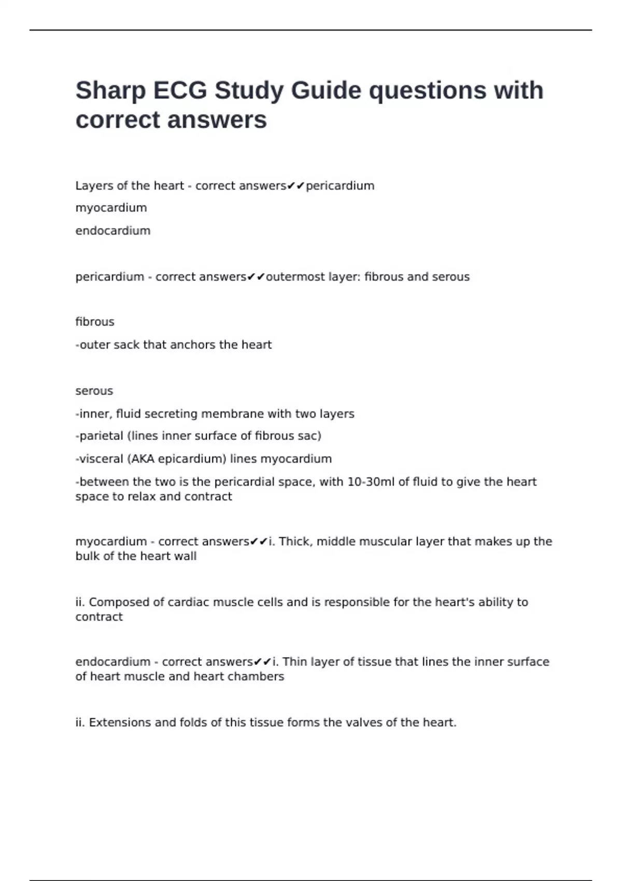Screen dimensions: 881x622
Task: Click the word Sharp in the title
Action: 110,91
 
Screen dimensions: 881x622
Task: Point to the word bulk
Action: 86,556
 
